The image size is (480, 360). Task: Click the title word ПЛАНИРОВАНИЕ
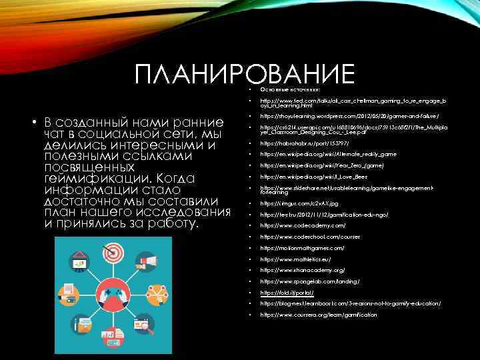click(x=244, y=75)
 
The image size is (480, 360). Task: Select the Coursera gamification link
click(x=318, y=315)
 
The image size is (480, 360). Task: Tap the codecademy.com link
click(x=303, y=225)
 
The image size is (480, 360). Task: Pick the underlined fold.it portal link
click(x=287, y=293)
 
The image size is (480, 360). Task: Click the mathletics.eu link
click(x=295, y=259)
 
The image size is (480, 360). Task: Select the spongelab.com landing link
click(x=309, y=281)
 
